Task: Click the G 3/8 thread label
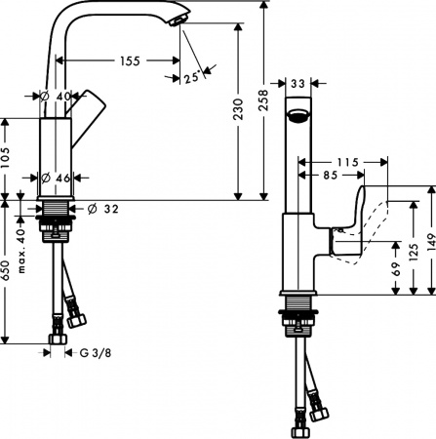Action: tap(94, 352)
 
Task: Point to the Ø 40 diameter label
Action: tap(58, 96)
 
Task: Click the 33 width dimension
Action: tap(297, 85)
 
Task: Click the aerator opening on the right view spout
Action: tap(297, 116)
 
